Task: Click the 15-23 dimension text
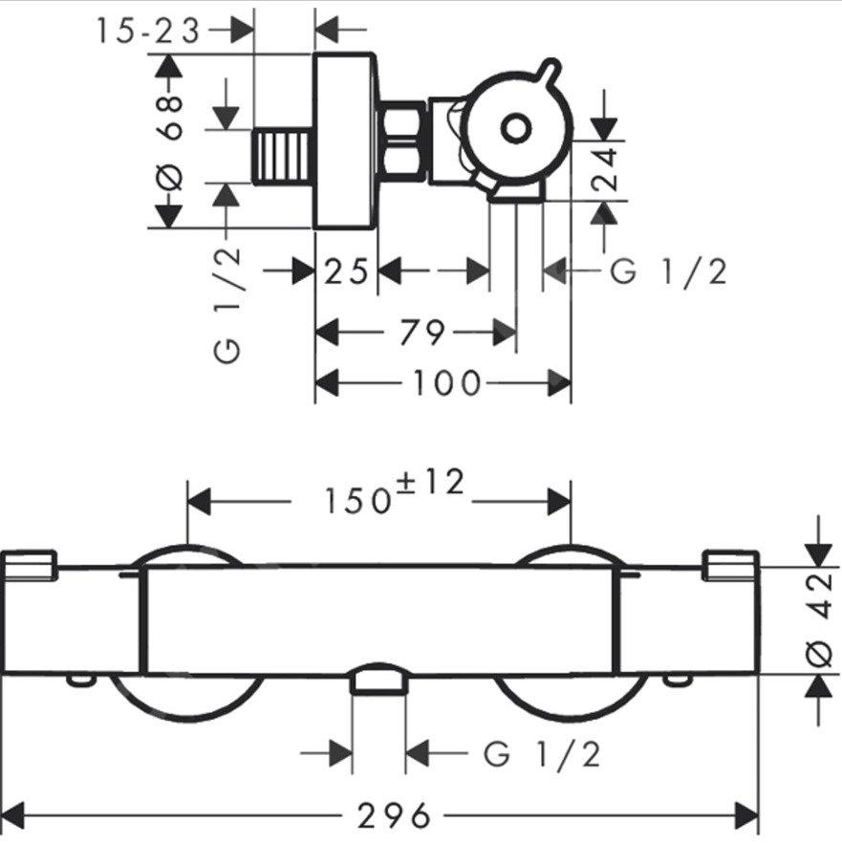[148, 32]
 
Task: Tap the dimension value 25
[346, 272]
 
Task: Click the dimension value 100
[446, 383]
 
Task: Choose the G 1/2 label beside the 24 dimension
[668, 272]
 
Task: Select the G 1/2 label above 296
[542, 754]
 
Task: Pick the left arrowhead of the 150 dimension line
[198, 500]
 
